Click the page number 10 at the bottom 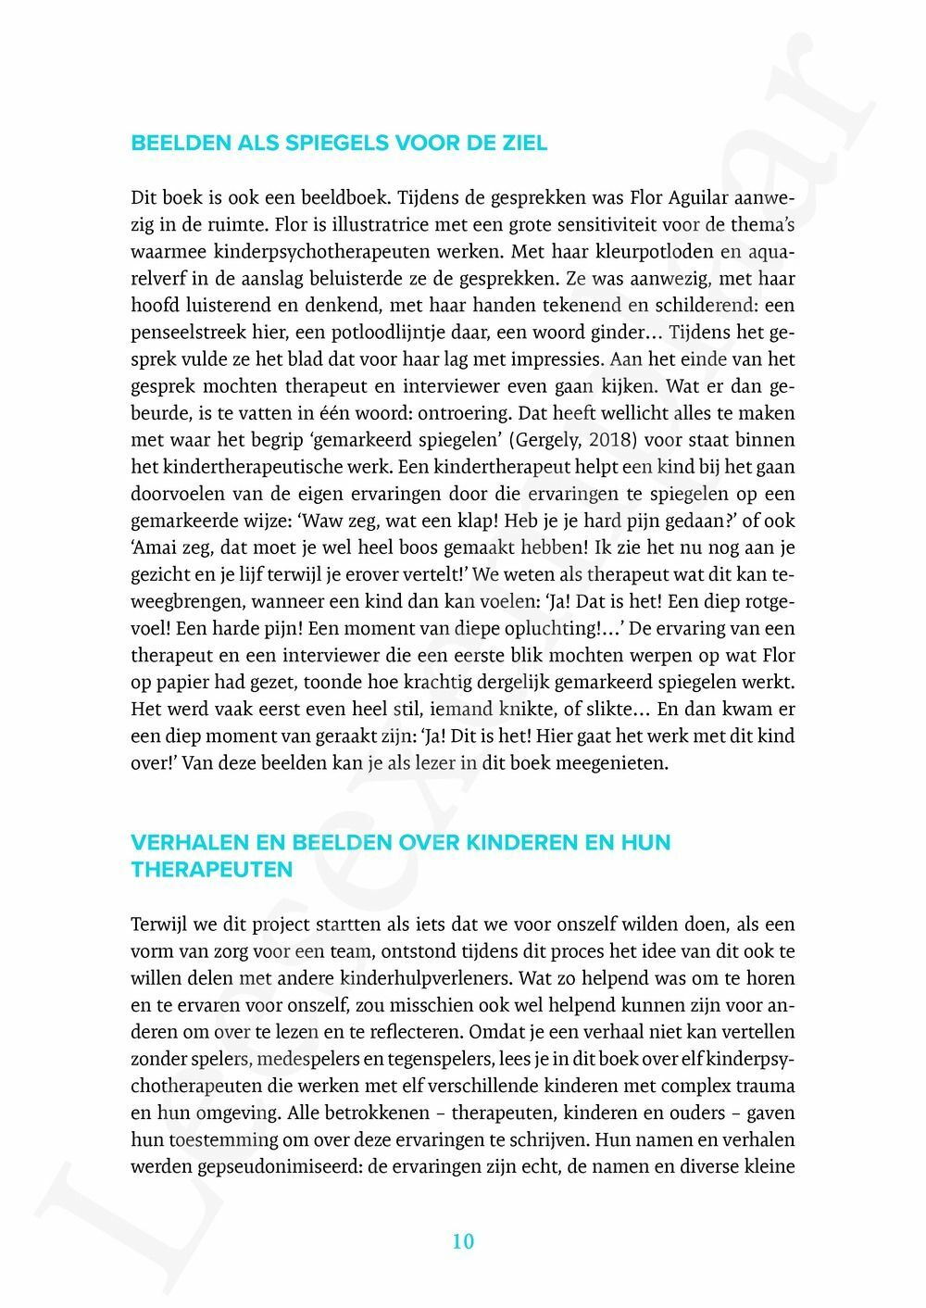pos(463,1241)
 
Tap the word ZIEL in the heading pos(521,144)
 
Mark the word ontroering pos(465,413)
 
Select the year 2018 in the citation pos(608,440)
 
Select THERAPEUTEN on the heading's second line pos(212,870)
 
